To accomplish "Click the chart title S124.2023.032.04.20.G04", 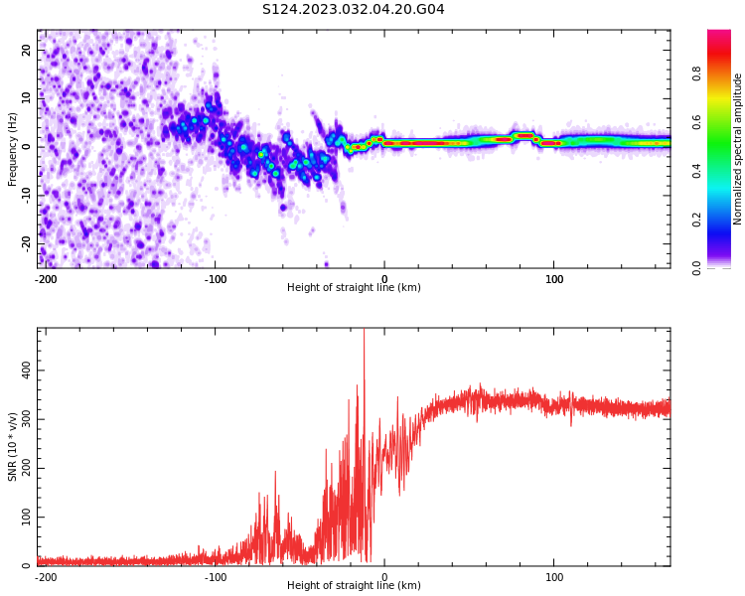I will coord(354,10).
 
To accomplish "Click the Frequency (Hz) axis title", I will coord(13,149).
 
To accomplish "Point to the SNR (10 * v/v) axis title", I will coord(13,447).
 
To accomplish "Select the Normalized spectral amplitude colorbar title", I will coord(738,149).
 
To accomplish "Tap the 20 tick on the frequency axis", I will coord(27,50).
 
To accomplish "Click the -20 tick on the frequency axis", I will coord(25,243).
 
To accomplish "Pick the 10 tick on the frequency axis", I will coord(27,97).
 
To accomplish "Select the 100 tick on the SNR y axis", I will coord(23,518).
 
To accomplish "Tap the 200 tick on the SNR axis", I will coord(23,468).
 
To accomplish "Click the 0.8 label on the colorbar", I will coord(696,74).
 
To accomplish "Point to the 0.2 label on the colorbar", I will coord(696,220).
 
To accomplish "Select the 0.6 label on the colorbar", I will coord(696,122).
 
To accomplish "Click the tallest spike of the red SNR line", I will coord(364,332).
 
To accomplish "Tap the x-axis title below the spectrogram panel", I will coord(354,288).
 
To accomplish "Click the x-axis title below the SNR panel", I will coord(354,586).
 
